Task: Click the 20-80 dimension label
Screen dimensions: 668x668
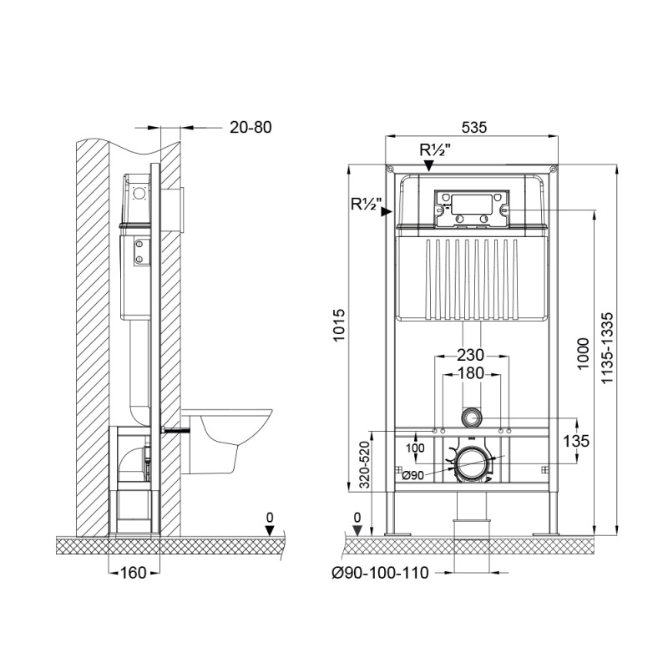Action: click(x=250, y=127)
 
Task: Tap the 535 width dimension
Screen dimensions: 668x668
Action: click(x=473, y=127)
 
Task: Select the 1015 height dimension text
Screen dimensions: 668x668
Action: click(x=339, y=325)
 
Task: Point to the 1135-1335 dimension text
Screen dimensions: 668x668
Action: click(x=607, y=347)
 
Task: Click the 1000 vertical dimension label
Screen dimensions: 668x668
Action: click(x=582, y=353)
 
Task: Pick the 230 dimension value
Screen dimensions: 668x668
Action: click(x=471, y=354)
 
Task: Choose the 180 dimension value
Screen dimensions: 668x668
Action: click(x=471, y=373)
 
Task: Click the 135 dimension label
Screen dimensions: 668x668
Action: click(x=576, y=441)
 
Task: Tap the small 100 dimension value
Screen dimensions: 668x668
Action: click(x=414, y=448)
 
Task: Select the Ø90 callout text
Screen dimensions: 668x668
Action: click(x=412, y=475)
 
